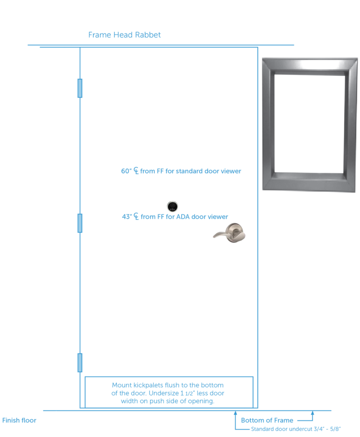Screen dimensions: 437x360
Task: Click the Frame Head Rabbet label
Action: pos(124,35)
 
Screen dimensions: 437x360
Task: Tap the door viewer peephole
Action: pos(172,206)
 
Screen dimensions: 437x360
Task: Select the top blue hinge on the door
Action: pos(80,87)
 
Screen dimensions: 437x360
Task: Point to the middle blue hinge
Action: pos(80,223)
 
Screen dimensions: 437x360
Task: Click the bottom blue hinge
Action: pos(80,363)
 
